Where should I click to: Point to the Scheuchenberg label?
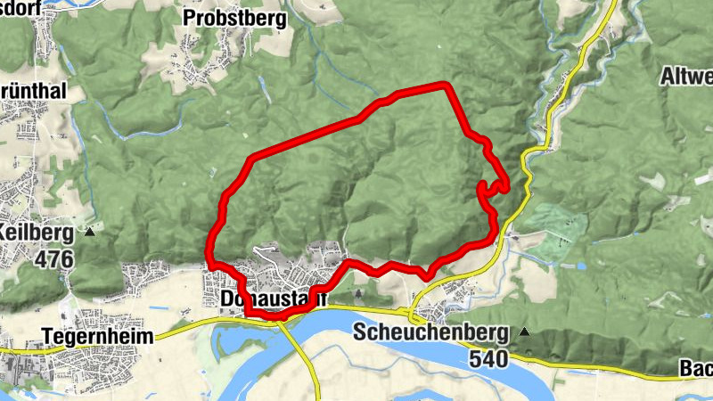(430, 333)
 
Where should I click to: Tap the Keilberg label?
(38, 231)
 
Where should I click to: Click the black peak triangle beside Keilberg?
(90, 232)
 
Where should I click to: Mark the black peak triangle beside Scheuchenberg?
(525, 332)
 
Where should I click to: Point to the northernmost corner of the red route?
(445, 84)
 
